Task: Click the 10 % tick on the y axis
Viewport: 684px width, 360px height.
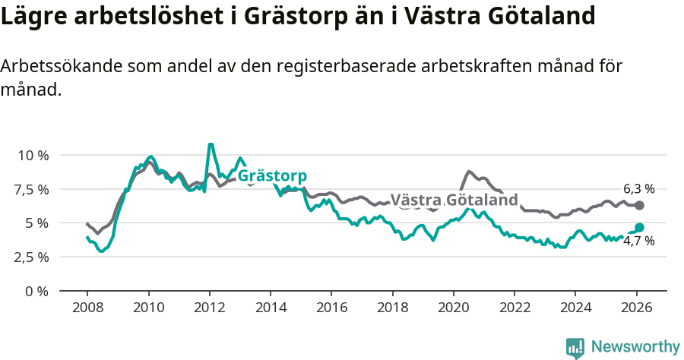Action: pyautogui.click(x=33, y=155)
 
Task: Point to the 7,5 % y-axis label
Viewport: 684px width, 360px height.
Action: pyautogui.click(x=33, y=189)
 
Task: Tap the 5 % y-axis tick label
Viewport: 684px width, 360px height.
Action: pyautogui.click(x=37, y=223)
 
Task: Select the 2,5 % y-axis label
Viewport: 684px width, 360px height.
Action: pyautogui.click(x=33, y=257)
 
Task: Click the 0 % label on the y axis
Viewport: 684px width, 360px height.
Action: pyautogui.click(x=37, y=291)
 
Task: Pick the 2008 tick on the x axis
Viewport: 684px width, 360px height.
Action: pyautogui.click(x=87, y=308)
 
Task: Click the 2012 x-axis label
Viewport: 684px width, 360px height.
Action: pyautogui.click(x=209, y=308)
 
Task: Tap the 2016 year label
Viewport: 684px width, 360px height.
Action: pyautogui.click(x=331, y=308)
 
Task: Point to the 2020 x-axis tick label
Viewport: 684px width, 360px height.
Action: pyautogui.click(x=453, y=308)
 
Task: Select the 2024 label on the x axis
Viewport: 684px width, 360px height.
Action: pyautogui.click(x=575, y=308)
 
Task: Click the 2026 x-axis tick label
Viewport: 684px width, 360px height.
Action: pyautogui.click(x=636, y=308)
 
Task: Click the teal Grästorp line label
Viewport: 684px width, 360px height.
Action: pyautogui.click(x=272, y=176)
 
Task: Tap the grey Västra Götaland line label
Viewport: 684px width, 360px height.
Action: pyautogui.click(x=454, y=201)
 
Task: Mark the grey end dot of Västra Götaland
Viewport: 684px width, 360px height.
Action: pyautogui.click(x=639, y=206)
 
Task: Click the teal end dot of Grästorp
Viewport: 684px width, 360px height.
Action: pyautogui.click(x=639, y=227)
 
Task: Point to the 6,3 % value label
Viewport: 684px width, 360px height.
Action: pyautogui.click(x=638, y=188)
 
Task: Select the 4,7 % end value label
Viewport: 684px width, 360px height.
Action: pyautogui.click(x=638, y=242)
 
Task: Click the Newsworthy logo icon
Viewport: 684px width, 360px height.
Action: pyautogui.click(x=575, y=347)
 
